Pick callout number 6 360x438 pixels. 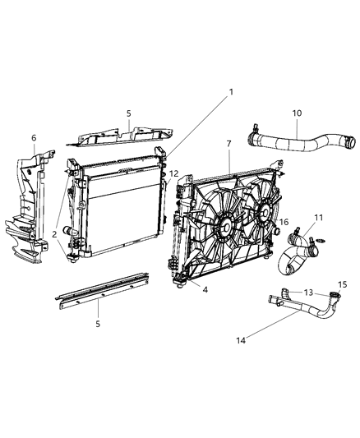coord(34,138)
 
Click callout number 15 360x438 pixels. coord(344,284)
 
